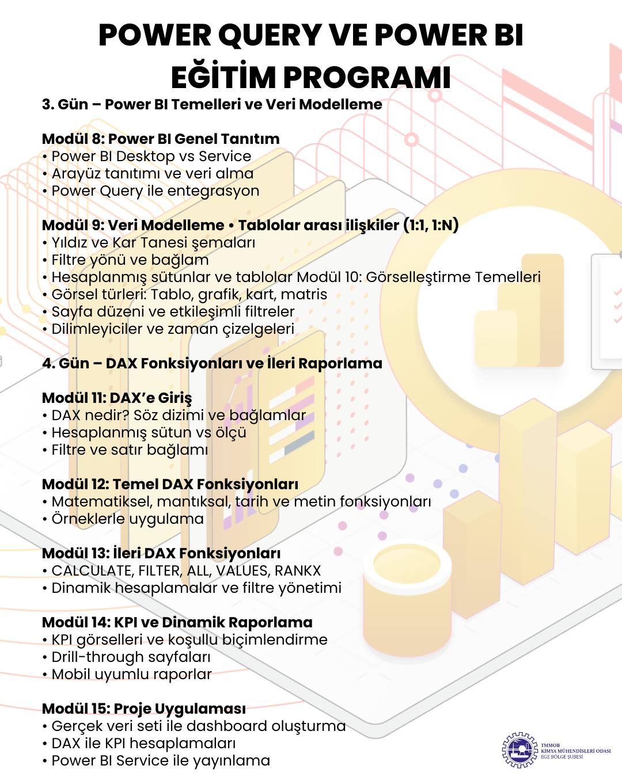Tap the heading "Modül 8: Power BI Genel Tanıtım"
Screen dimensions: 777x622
point(161,139)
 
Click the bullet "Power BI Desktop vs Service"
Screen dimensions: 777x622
point(151,156)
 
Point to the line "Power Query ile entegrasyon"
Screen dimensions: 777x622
point(155,191)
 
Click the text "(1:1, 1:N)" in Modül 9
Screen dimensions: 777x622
point(431,225)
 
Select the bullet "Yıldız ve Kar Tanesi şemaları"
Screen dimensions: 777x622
point(153,242)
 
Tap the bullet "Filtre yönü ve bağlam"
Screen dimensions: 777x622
point(130,260)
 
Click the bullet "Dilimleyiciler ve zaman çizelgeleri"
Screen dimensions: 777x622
point(173,329)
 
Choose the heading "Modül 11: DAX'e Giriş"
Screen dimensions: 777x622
point(117,398)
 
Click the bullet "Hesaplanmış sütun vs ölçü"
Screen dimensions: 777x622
point(149,432)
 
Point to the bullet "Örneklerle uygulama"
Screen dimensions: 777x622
point(127,519)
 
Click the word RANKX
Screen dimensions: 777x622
point(298,570)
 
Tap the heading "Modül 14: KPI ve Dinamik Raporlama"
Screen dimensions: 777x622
point(177,622)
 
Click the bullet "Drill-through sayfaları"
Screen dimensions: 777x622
point(131,657)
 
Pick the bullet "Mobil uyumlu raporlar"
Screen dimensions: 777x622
point(131,674)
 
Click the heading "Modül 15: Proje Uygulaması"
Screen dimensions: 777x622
point(144,709)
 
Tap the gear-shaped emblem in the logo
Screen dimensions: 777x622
point(519,750)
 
